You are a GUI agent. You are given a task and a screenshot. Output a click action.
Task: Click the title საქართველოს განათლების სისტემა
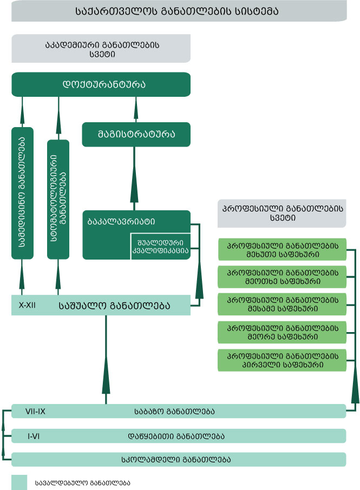pyautogui.click(x=179, y=11)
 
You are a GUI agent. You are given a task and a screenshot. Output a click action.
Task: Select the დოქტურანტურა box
pyautogui.click(x=101, y=85)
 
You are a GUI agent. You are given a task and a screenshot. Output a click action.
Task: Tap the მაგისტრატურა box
pyautogui.click(x=136, y=134)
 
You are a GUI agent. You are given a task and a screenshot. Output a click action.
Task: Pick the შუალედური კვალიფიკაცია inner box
pyautogui.click(x=160, y=247)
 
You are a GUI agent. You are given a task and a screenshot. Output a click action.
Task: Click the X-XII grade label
pyautogui.click(x=27, y=305)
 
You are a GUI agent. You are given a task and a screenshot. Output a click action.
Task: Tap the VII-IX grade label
pyautogui.click(x=35, y=411)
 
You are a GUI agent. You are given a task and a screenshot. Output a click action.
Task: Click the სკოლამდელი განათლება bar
pyautogui.click(x=179, y=460)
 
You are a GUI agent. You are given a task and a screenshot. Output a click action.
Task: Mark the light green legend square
pyautogui.click(x=19, y=482)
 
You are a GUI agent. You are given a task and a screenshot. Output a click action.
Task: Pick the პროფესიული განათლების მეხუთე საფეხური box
pyautogui.click(x=275, y=249)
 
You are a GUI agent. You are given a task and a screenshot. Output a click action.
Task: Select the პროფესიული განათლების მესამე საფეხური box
pyautogui.click(x=275, y=304)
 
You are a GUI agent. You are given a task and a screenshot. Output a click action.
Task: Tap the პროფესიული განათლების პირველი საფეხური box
pyautogui.click(x=275, y=360)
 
